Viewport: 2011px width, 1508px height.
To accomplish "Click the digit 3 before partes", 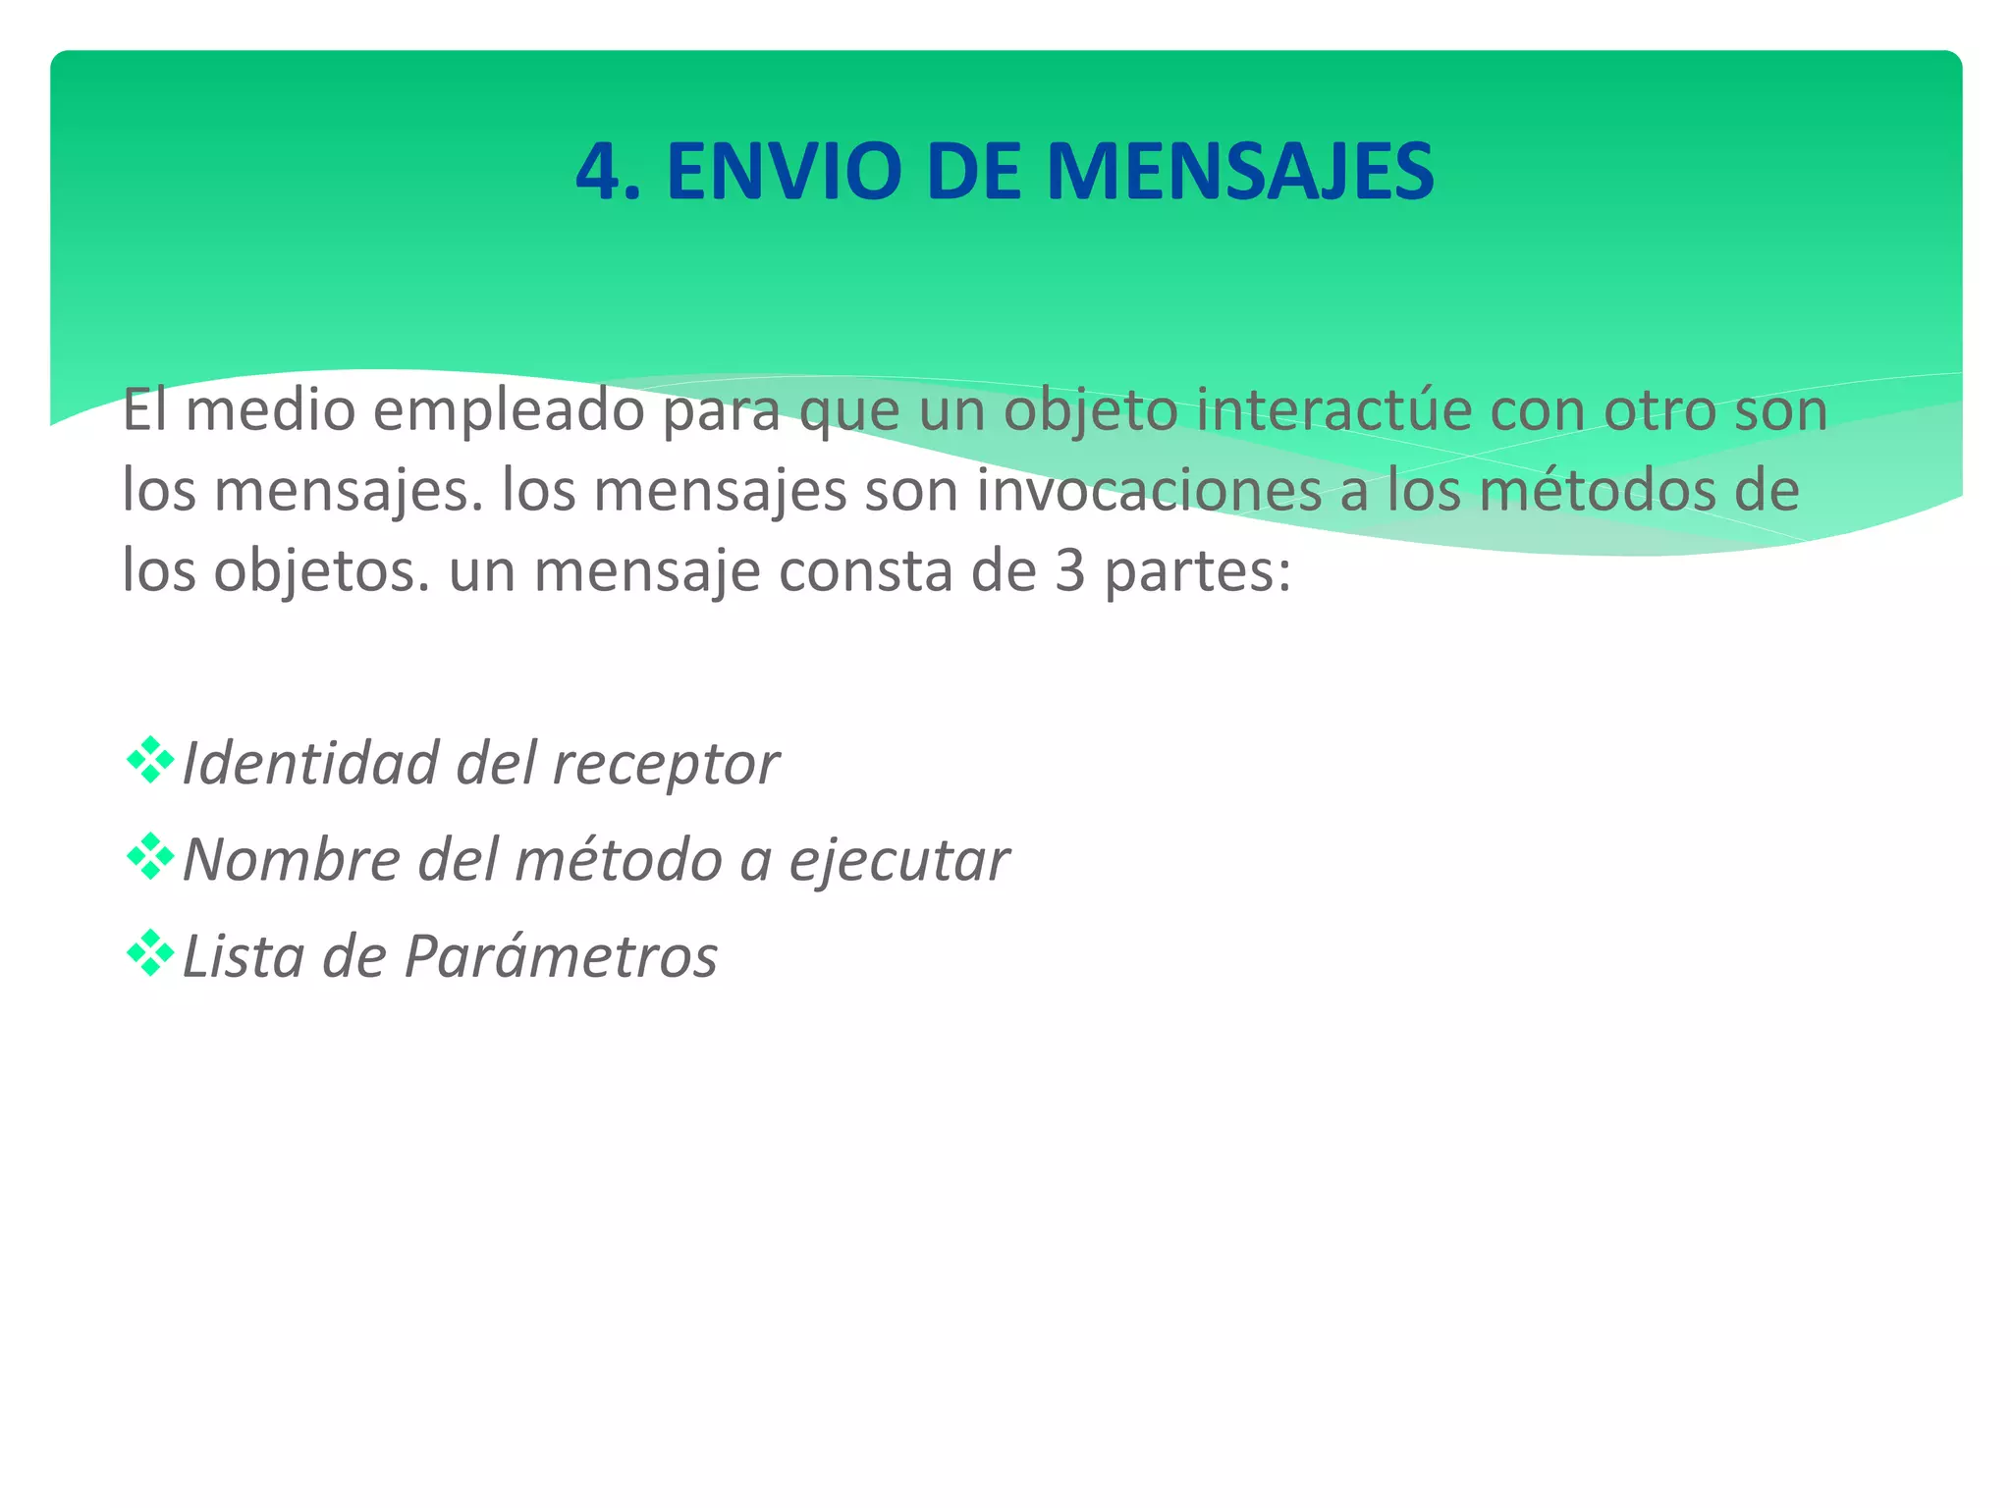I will pyautogui.click(x=1069, y=570).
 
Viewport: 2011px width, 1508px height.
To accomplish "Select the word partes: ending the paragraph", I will pyautogui.click(x=1197, y=572).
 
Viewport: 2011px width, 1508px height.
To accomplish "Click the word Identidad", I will pyautogui.click(x=310, y=763).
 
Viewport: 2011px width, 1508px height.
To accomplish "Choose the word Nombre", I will pyautogui.click(x=292, y=860).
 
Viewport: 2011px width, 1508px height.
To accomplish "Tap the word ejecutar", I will pyautogui.click(x=898, y=861).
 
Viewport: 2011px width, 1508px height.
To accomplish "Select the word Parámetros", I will pyautogui.click(x=561, y=956).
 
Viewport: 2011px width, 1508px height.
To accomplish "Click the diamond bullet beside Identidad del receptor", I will pyautogui.click(x=150, y=760).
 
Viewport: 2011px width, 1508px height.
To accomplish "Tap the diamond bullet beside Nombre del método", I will pyautogui.click(x=150, y=856).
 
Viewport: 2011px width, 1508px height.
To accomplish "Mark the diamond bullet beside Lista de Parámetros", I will pyautogui.click(x=150, y=952).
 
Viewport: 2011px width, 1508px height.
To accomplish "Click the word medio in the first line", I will pyautogui.click(x=270, y=410).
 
